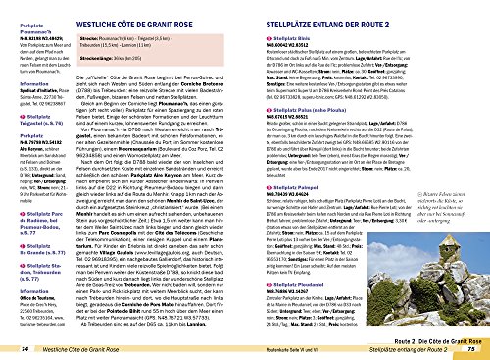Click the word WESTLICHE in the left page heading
tap(103, 11)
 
